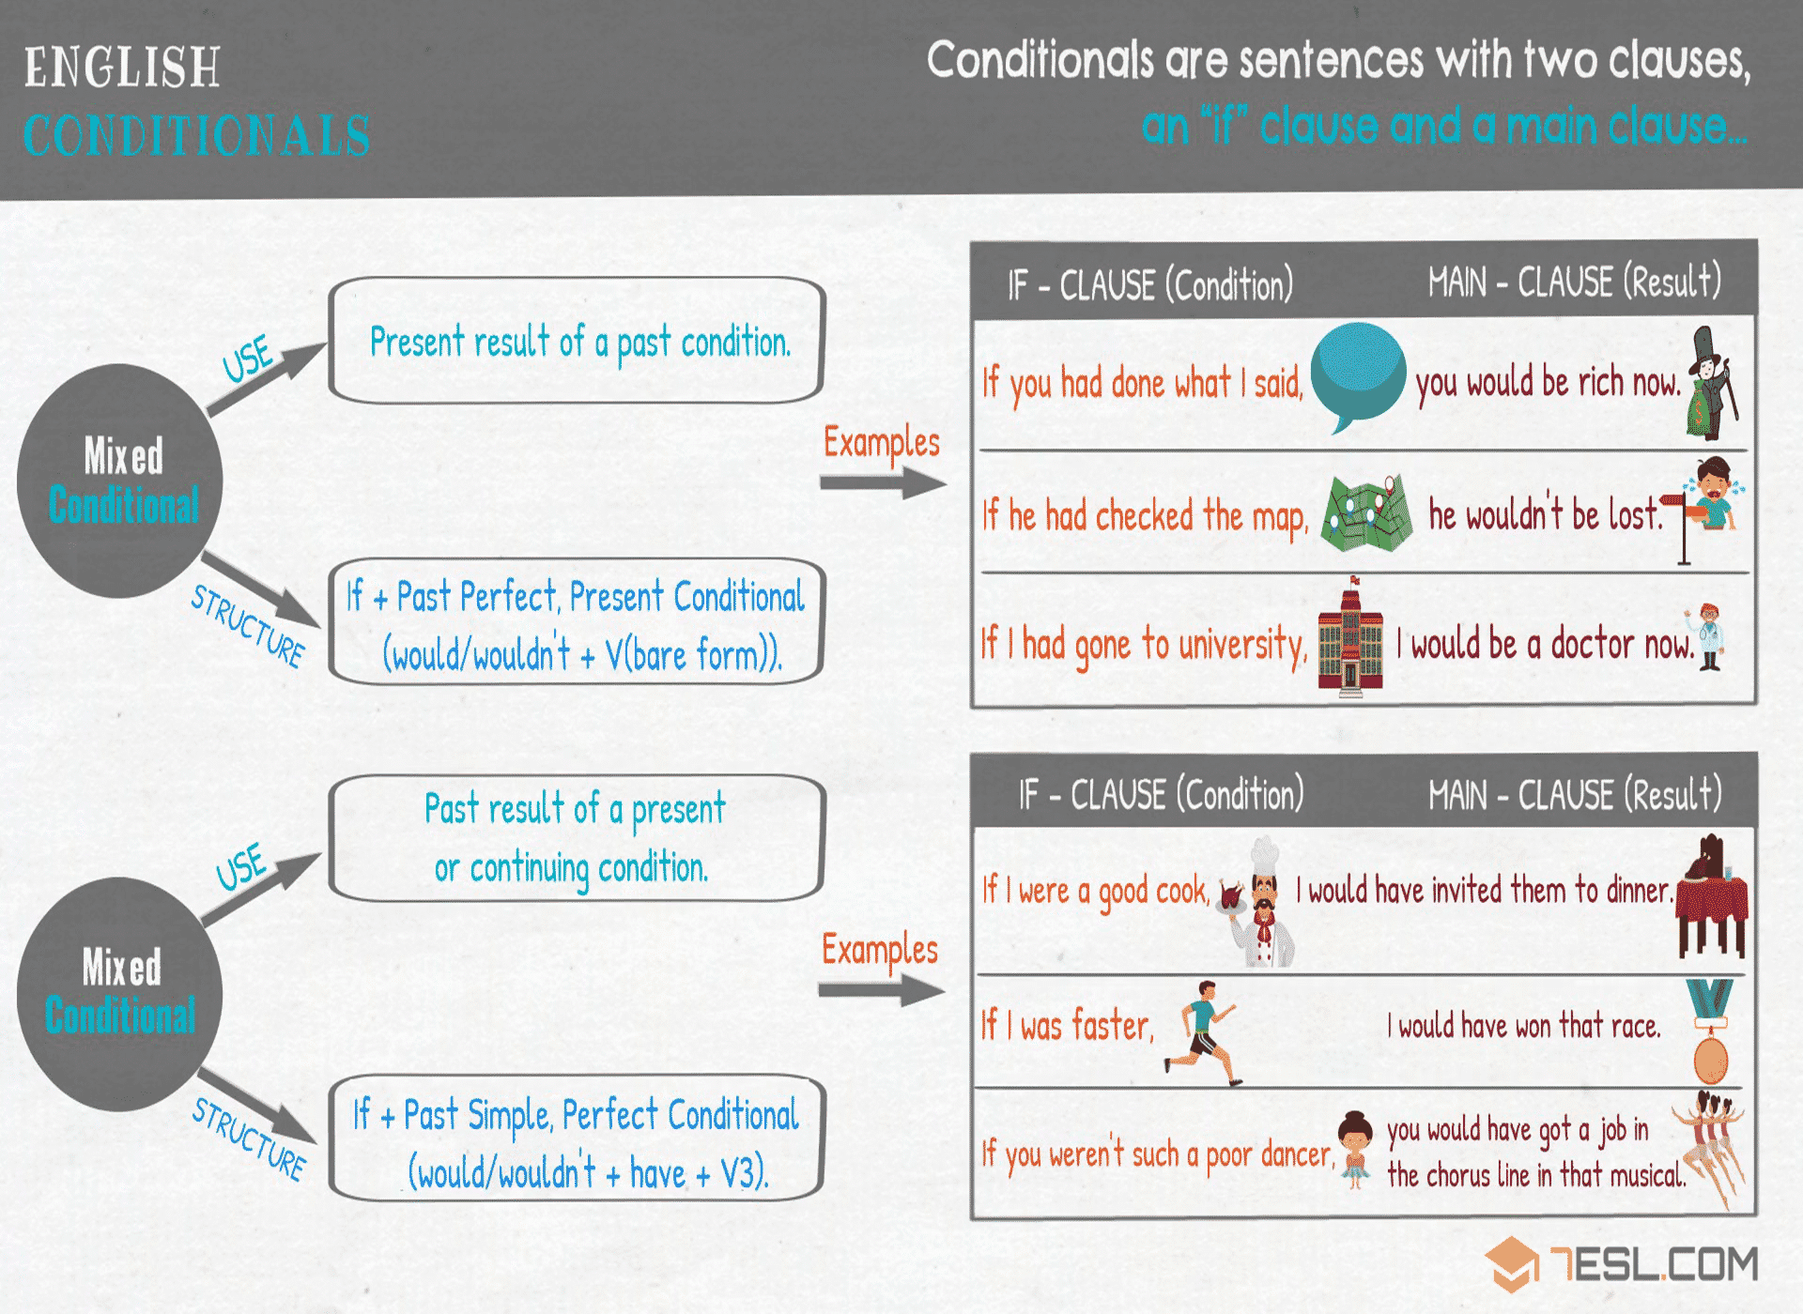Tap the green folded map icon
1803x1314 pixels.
click(x=1367, y=512)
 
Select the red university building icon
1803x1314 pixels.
click(x=1350, y=636)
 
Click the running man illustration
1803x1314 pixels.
click(x=1203, y=1033)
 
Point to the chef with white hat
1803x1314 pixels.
click(x=1259, y=902)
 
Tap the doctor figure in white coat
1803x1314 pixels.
click(x=1708, y=637)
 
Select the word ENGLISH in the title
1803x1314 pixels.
click(x=122, y=68)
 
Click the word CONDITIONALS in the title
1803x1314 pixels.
click(x=196, y=135)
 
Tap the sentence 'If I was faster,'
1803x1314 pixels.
click(x=1068, y=1025)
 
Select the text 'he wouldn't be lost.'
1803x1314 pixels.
click(x=1545, y=514)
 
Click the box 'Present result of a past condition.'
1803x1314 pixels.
click(x=577, y=341)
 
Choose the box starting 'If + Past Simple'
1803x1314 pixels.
click(x=577, y=1138)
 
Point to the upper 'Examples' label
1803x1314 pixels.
click(x=881, y=442)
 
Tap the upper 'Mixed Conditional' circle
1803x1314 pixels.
click(x=120, y=481)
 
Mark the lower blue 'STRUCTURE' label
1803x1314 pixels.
click(x=249, y=1138)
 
